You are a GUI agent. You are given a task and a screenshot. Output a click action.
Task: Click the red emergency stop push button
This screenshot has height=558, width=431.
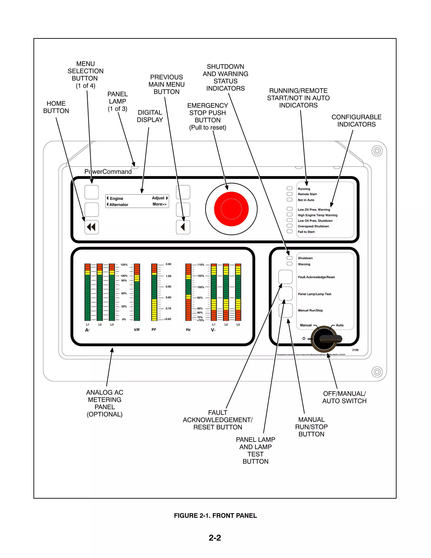pyautogui.click(x=231, y=209)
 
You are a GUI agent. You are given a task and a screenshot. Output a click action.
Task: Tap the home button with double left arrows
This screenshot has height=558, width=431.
pyautogui.click(x=92, y=227)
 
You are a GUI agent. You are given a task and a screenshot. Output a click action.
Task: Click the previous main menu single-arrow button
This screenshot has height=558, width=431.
pyautogui.click(x=183, y=227)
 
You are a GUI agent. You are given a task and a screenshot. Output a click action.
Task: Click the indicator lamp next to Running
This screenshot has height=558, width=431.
pyautogui.click(x=289, y=188)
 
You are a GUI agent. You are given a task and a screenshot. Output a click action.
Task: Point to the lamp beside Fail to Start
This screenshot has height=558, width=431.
pyautogui.click(x=289, y=231)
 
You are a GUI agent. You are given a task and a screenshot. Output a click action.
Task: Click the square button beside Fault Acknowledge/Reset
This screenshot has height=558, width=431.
pyautogui.click(x=285, y=277)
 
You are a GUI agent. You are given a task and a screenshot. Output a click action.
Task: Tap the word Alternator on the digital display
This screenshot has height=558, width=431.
pyautogui.click(x=119, y=205)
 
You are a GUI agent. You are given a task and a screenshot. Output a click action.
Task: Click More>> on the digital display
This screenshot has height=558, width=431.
pyautogui.click(x=160, y=204)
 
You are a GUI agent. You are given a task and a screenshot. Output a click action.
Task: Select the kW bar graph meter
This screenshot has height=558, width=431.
pyautogui.click(x=137, y=292)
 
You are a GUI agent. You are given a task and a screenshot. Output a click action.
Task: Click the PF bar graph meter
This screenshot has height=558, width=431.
pyautogui.click(x=154, y=292)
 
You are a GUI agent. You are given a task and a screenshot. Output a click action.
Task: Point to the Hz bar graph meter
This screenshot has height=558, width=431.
pyautogui.click(x=188, y=292)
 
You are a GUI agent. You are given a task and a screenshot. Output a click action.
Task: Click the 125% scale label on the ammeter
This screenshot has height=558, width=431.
pyautogui.click(x=124, y=265)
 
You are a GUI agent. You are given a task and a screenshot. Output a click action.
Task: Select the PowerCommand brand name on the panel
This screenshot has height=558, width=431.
pyautogui.click(x=108, y=172)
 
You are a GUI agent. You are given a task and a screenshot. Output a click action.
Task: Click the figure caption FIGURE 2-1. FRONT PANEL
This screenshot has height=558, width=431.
pyautogui.click(x=215, y=516)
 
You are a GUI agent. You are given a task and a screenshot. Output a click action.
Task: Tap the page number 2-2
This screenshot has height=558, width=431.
pyautogui.click(x=215, y=538)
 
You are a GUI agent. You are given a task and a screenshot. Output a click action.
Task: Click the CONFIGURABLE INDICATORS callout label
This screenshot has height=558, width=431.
pyautogui.click(x=357, y=121)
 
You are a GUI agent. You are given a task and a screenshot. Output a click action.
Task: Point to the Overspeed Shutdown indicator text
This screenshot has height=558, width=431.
pyautogui.click(x=313, y=226)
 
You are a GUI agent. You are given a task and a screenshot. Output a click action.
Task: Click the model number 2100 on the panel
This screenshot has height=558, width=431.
pyautogui.click(x=355, y=350)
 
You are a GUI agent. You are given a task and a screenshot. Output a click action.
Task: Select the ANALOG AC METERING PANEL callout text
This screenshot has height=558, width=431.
pyautogui.click(x=105, y=403)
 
